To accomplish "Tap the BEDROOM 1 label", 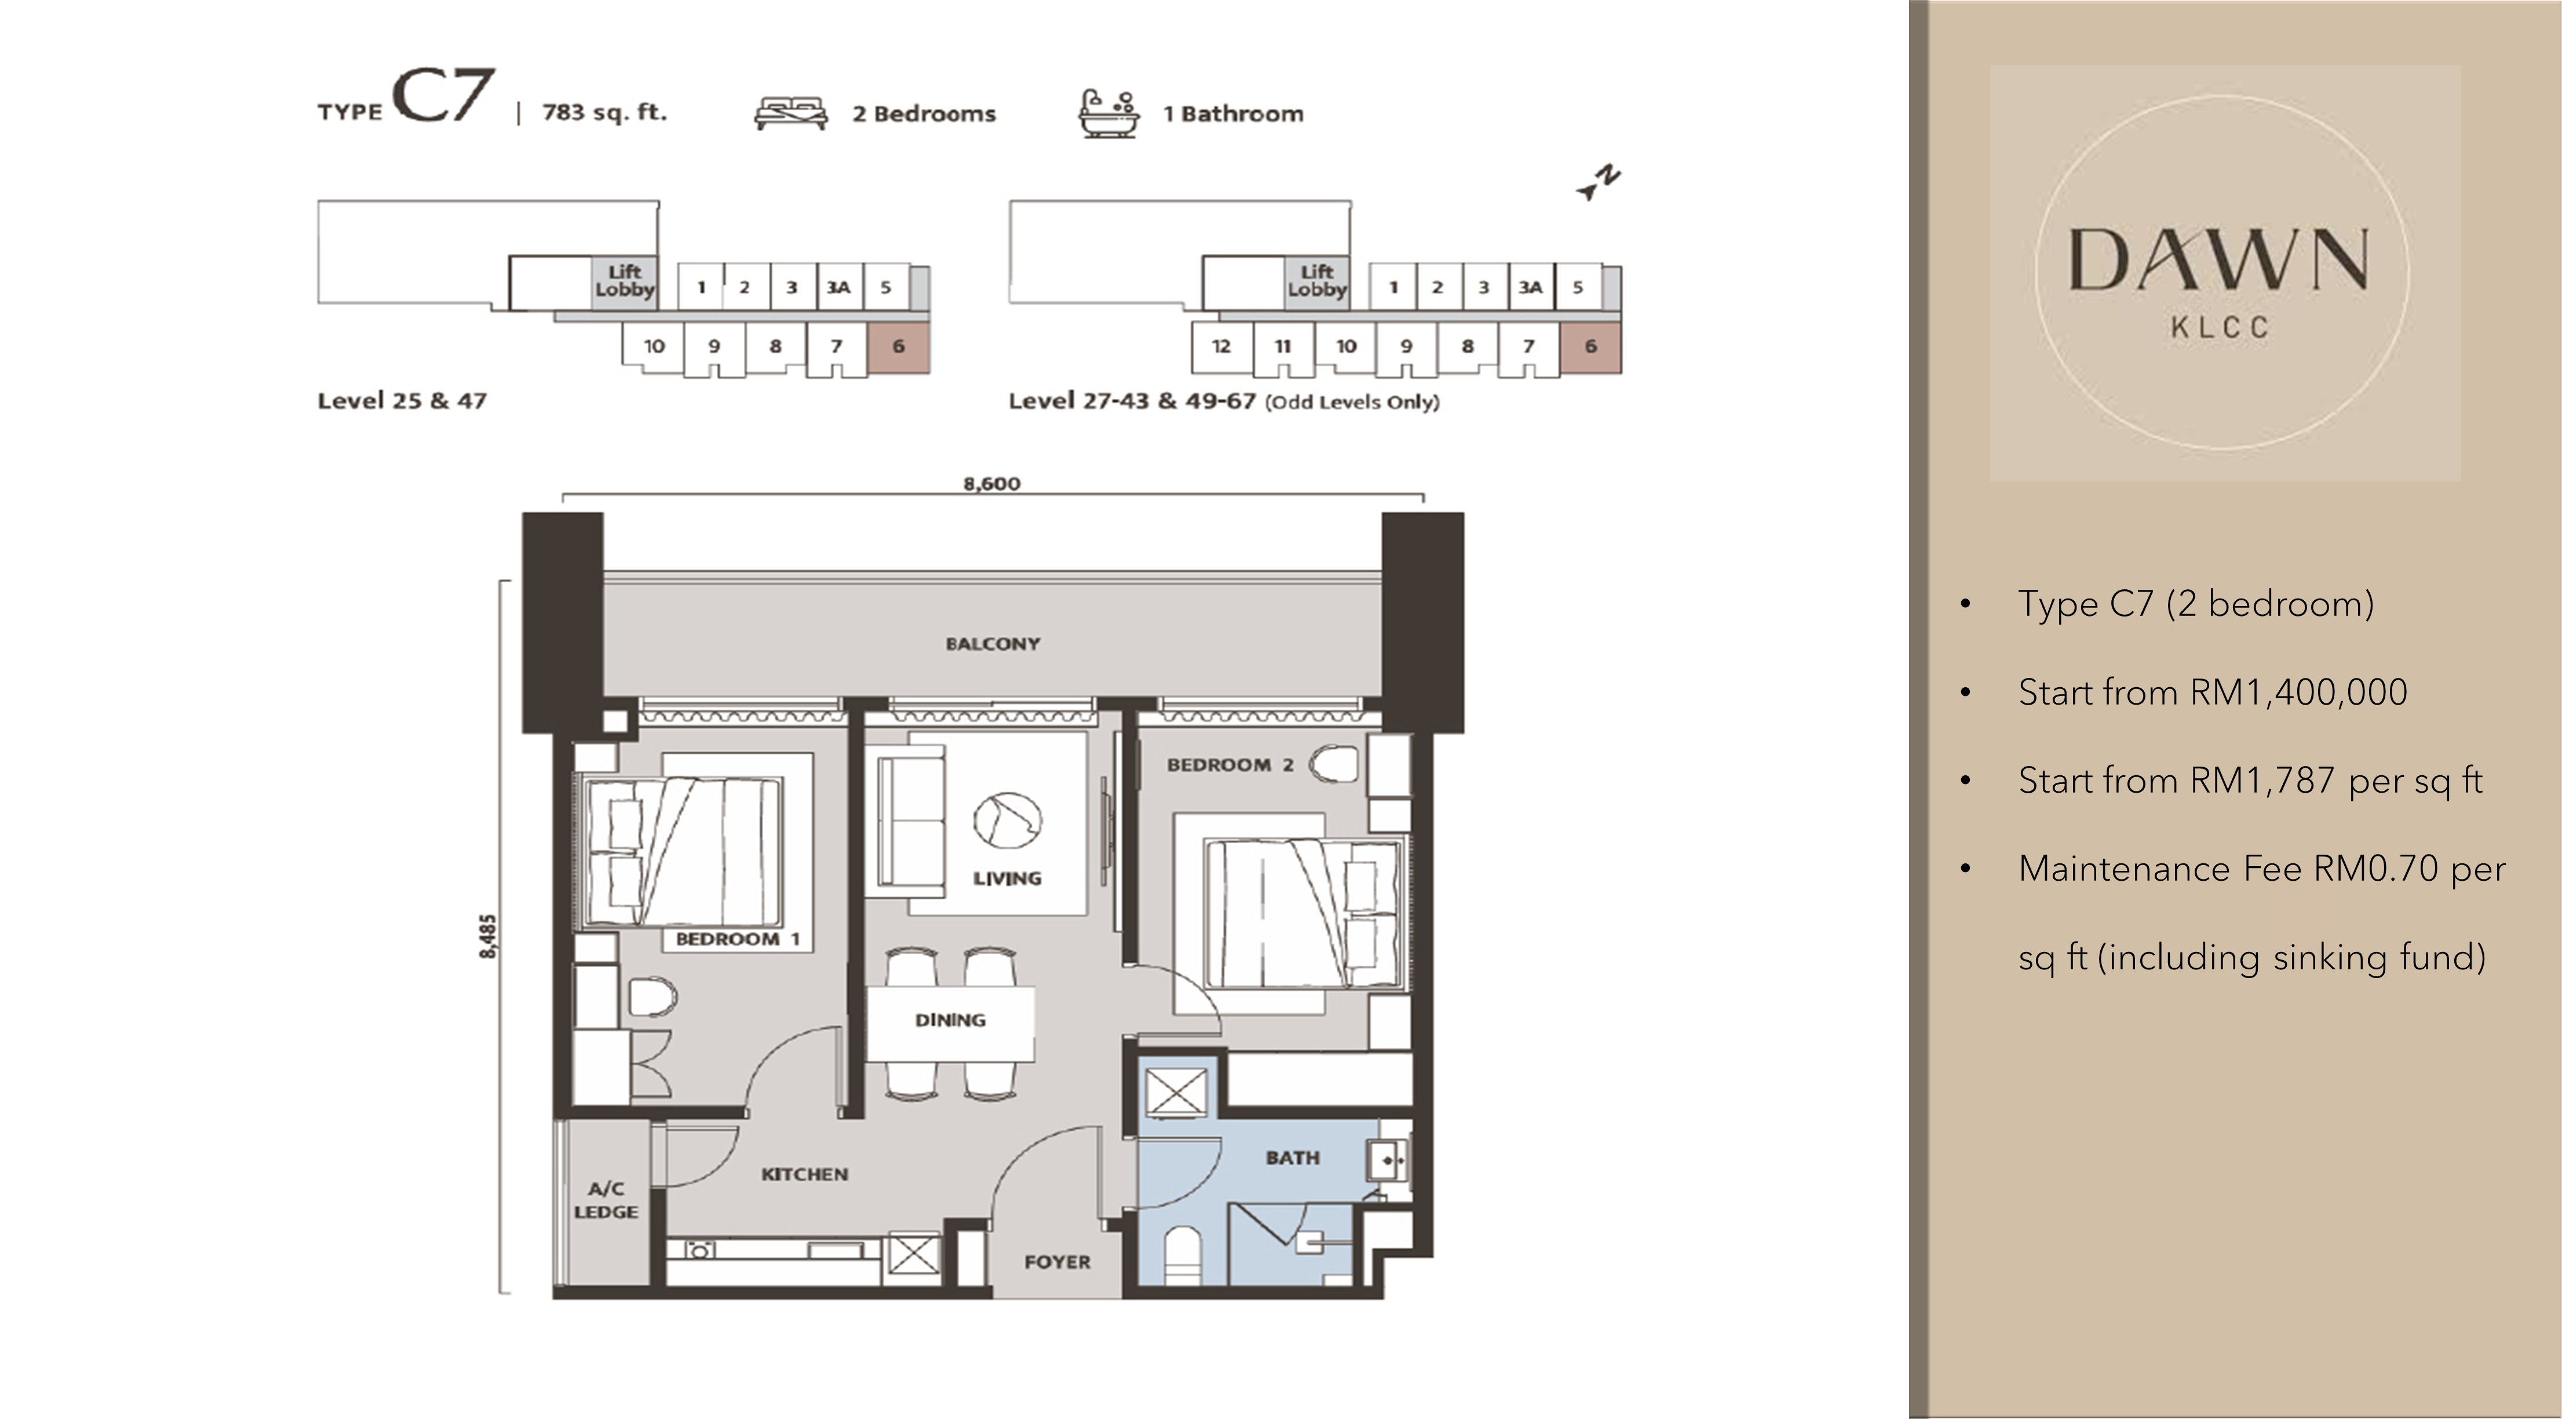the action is [x=737, y=939].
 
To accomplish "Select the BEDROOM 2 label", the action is [x=1230, y=765].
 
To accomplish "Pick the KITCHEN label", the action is [x=805, y=1174].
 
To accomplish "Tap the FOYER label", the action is [x=1057, y=1262].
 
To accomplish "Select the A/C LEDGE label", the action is [x=605, y=1200].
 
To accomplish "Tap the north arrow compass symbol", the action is [x=1599, y=183].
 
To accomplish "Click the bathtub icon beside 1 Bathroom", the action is [x=1109, y=114].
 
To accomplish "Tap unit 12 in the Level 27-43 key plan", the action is [x=1221, y=346].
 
